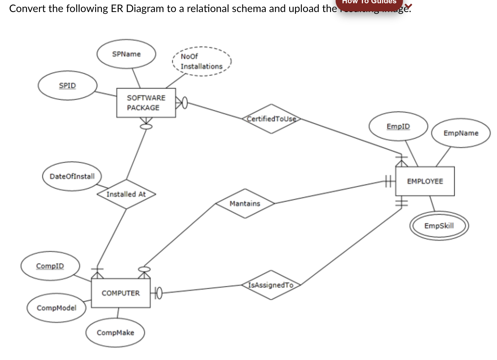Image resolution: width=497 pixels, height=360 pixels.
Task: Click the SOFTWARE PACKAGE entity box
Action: tap(146, 103)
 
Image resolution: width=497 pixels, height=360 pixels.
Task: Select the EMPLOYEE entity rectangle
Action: tap(425, 181)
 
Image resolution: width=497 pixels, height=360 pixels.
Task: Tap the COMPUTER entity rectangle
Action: tap(121, 293)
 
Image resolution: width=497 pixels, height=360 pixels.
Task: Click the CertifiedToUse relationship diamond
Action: tap(271, 119)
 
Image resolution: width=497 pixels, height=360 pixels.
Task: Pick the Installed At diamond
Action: tap(126, 194)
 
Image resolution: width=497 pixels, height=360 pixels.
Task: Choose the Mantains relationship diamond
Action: tap(245, 203)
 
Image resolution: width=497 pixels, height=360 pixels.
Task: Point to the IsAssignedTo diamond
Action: tap(271, 285)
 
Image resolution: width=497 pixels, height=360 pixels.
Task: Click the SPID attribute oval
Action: tap(67, 85)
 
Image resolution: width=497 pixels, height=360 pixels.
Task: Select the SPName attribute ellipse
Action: tap(126, 54)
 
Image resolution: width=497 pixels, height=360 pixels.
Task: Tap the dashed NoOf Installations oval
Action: tap(201, 61)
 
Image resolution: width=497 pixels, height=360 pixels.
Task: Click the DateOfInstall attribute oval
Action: tap(72, 176)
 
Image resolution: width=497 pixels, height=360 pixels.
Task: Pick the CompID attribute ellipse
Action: tap(50, 266)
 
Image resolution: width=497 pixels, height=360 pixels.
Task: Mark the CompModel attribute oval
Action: tap(57, 308)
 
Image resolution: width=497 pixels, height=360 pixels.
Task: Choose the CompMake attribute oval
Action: tap(115, 332)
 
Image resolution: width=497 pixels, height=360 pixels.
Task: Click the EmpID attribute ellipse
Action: tap(398, 126)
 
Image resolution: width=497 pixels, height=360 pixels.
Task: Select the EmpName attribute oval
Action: tap(461, 133)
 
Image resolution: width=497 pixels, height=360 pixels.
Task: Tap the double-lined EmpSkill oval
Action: tap(439, 225)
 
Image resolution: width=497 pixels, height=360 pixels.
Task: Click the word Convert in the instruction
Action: tap(27, 8)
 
